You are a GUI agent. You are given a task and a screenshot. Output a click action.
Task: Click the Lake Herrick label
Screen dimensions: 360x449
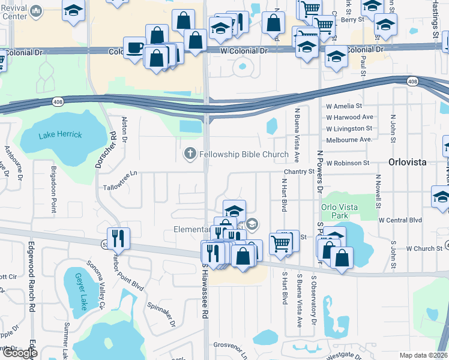[x=60, y=134]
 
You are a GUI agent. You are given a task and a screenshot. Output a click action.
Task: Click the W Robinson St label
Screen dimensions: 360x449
[x=348, y=163]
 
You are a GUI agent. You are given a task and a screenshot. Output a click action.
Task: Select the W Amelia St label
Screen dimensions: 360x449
[x=345, y=106]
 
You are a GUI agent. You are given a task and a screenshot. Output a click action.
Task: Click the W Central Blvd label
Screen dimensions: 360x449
[x=400, y=220]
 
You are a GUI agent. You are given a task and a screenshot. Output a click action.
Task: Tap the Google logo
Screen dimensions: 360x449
[x=20, y=353]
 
